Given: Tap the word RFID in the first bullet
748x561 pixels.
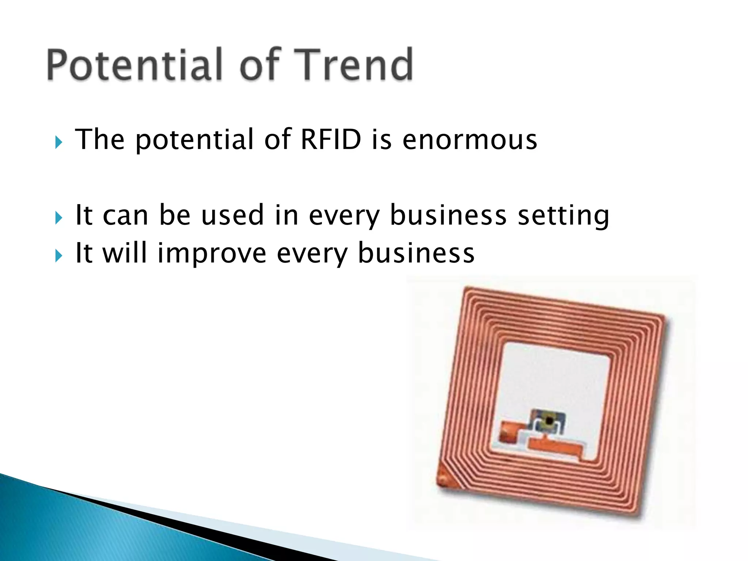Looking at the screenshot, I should (x=331, y=140).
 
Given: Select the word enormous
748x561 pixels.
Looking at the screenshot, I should (x=470, y=140).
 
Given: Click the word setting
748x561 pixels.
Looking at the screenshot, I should (x=564, y=215).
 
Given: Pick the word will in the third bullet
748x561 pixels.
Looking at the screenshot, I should (x=125, y=253).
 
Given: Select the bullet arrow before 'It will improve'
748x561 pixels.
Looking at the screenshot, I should (x=58, y=256).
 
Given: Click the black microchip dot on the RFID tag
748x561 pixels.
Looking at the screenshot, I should (x=549, y=421).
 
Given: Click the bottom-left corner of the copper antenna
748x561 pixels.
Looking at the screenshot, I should (x=443, y=479).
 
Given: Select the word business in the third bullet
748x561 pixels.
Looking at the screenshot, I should (x=416, y=253).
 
